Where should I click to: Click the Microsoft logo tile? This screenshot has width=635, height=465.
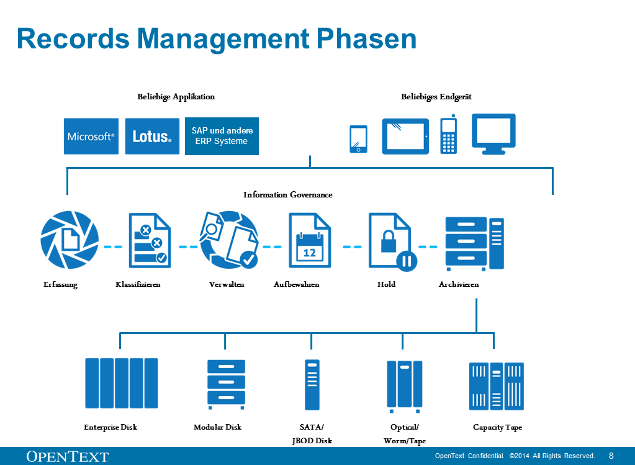pos(91,137)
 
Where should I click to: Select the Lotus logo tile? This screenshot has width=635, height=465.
pos(152,137)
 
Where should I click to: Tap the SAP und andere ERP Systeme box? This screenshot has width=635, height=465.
pos(222,137)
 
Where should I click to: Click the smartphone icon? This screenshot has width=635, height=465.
pos(358,139)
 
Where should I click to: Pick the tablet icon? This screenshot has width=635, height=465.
pos(405,137)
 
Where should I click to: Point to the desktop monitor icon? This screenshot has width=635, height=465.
pos(493,133)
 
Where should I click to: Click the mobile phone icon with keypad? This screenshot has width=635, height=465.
pos(449,135)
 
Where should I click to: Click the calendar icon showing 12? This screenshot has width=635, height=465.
pos(310,240)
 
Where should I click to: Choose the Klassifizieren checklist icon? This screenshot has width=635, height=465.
pos(150,240)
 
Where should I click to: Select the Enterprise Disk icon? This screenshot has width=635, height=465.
pos(122,383)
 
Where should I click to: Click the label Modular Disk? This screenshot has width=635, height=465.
pos(217,427)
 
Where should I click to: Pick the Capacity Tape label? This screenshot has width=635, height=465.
pos(497,427)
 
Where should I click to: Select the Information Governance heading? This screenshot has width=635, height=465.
pos(288,195)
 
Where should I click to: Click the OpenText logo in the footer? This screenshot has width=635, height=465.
pos(68,456)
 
